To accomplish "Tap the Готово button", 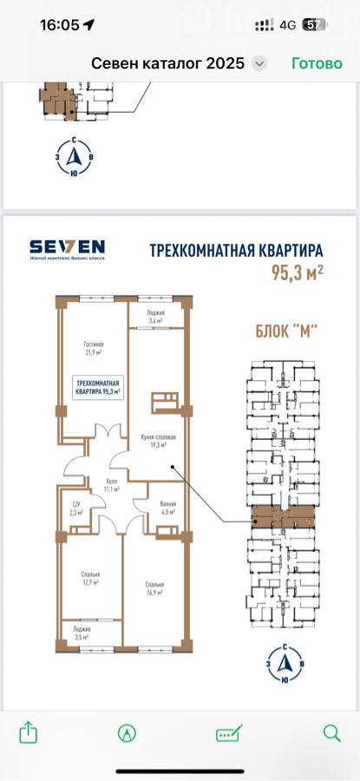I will (317, 63).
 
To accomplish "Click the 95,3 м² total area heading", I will (297, 272).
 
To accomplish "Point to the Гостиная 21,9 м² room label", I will (94, 349).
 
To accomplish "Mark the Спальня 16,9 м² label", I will (154, 589).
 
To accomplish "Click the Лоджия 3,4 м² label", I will (154, 318).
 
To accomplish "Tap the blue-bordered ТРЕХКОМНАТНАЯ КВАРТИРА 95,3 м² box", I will (96, 387).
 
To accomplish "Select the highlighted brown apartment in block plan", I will (283, 517).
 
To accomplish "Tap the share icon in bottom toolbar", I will (28, 733).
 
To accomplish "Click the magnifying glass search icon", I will (331, 733).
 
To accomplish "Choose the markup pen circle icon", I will (128, 733).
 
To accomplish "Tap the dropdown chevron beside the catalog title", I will (259, 63).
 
